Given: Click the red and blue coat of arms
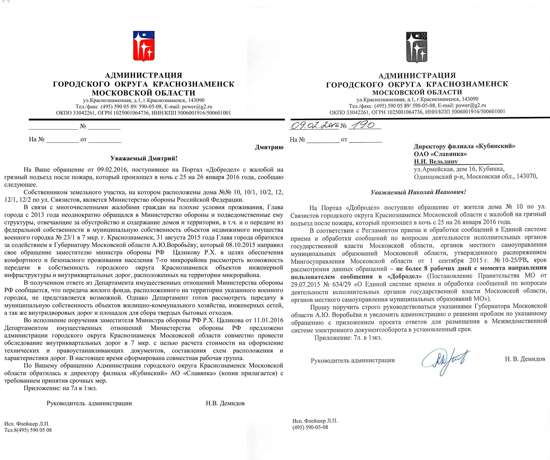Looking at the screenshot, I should coord(144,46).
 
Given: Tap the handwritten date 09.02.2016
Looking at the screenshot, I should coord(314,125).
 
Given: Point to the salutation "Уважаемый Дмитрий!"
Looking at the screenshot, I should coord(144,158).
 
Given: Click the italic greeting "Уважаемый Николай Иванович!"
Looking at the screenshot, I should coord(418,192).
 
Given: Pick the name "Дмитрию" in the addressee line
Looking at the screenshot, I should coord(269,147).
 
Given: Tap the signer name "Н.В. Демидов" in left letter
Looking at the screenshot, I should coord(225,403).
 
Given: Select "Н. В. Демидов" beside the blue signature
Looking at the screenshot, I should coord(525,359).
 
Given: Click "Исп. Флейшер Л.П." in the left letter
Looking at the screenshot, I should coord(27,424).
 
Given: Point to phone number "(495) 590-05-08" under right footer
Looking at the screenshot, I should coord(310,427).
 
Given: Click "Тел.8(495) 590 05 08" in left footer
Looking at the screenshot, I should coord(28,430).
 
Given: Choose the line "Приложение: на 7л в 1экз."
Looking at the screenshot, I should coord(60,388).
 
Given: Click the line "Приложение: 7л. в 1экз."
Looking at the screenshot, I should coord(348,338).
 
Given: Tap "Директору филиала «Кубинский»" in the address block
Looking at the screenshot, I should coord(464,146).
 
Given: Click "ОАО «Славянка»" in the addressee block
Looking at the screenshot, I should coord(440,154).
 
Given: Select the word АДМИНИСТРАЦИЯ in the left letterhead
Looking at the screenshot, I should coord(144,75).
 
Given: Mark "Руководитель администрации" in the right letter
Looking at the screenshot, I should coord(353,360).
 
